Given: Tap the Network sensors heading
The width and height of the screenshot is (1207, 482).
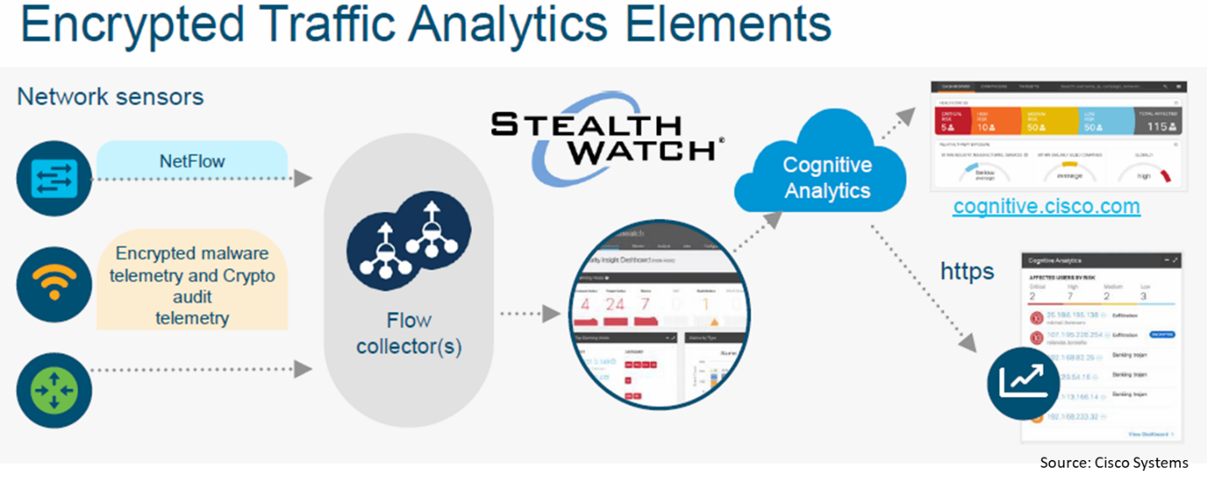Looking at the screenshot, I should tap(110, 97).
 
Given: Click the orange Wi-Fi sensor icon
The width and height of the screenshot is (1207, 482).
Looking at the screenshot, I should tap(54, 284).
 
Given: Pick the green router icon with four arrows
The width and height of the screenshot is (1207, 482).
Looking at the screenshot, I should tap(54, 390).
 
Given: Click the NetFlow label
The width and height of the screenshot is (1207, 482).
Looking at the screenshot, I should tap(192, 160).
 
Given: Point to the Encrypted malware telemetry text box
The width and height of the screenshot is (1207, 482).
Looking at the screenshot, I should tap(192, 286).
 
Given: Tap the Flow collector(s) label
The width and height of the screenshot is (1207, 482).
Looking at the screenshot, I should tap(408, 333).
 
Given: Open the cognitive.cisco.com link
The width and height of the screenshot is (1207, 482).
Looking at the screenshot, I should tap(1046, 206).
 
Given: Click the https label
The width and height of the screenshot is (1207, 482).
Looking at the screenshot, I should tap(967, 271).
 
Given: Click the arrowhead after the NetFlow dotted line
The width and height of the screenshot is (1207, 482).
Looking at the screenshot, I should tap(302, 179).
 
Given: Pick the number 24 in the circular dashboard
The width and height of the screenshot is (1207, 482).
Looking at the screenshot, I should tap(615, 303).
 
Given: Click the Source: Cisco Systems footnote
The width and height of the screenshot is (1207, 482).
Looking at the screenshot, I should tap(1113, 462).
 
